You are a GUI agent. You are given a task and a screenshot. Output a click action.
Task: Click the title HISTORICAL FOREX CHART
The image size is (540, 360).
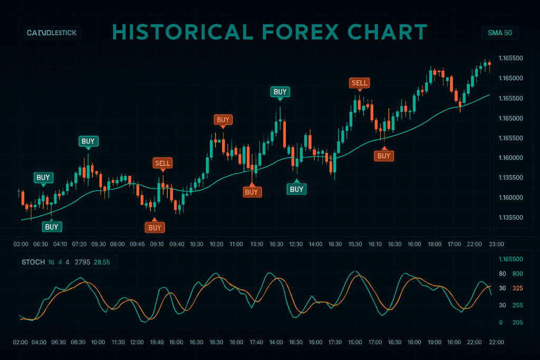point(269,33)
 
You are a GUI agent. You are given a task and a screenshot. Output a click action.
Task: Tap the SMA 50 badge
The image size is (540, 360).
point(500,33)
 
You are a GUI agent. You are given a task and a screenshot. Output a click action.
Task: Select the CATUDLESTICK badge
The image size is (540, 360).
point(51,33)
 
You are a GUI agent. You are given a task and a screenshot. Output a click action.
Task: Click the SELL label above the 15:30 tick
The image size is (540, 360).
point(360,83)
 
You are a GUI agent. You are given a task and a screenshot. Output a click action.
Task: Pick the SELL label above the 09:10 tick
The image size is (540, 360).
point(162,163)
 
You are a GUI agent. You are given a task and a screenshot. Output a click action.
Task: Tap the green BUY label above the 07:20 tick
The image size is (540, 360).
point(88,141)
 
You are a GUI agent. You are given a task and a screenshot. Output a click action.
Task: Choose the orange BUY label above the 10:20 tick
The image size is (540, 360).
point(223,120)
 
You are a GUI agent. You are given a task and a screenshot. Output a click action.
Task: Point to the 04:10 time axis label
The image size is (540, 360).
point(60,244)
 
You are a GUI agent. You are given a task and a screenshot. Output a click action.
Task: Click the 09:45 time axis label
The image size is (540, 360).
point(137,244)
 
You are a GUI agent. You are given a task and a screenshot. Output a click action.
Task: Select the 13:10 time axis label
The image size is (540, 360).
point(257,244)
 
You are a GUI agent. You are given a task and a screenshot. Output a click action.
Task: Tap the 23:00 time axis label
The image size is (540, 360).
point(497,244)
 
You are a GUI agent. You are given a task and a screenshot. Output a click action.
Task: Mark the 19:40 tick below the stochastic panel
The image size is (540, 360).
point(157,342)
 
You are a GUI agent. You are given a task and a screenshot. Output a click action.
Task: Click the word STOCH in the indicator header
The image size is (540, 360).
point(33,262)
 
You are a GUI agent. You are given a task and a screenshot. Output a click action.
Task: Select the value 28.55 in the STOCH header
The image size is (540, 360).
point(102,262)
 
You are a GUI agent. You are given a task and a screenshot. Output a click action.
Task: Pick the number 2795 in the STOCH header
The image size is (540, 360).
point(82,262)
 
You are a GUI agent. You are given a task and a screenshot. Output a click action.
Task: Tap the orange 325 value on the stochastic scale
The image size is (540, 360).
point(517,288)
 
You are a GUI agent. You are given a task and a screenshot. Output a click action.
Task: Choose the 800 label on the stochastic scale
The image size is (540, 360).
point(517,274)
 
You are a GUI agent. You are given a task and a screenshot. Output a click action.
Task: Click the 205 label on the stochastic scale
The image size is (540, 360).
point(517,323)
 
